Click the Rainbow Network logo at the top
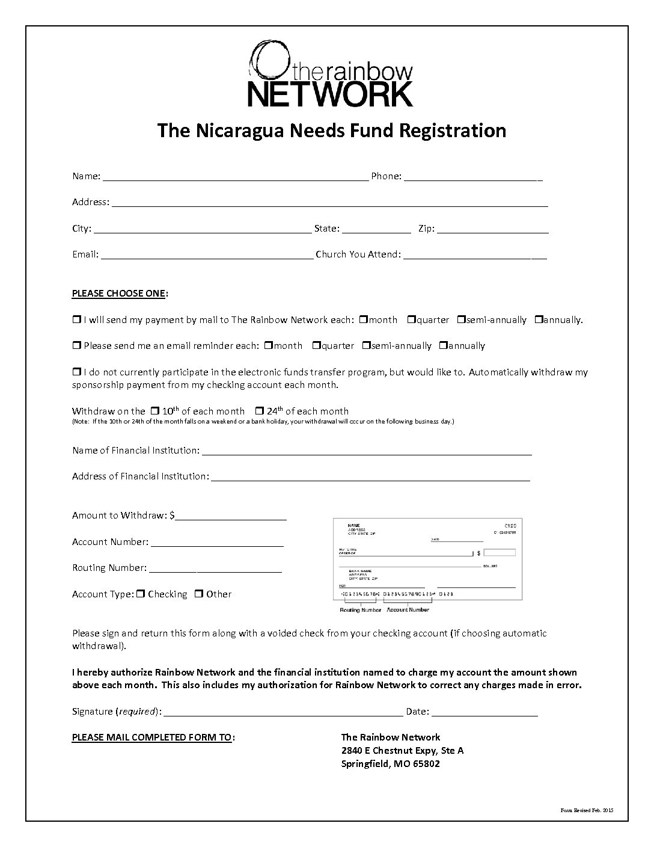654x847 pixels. coord(331,73)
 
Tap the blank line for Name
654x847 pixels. coord(236,177)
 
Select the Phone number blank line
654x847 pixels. coord(473,177)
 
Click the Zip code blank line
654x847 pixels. coord(492,230)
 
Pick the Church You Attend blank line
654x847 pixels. coord(475,256)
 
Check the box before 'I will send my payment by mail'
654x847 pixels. coord(76,319)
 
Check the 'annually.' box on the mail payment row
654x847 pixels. coord(539,319)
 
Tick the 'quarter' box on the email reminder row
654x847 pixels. coord(316,345)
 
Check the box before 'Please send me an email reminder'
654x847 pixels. coord(76,345)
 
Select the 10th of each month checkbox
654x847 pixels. coord(154,411)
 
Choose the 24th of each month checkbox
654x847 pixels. coord(259,411)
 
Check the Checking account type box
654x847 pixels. coord(141,594)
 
